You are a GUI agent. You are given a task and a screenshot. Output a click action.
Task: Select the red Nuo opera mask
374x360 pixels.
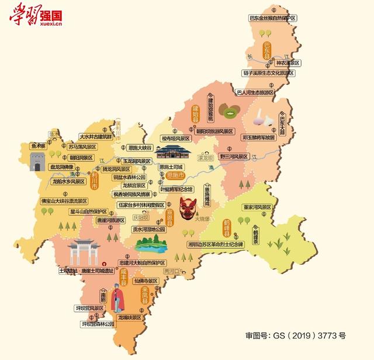188,209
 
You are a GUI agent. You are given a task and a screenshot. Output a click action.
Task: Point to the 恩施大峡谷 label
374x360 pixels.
140,148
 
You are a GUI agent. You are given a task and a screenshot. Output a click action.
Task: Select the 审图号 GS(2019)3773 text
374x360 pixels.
295,335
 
